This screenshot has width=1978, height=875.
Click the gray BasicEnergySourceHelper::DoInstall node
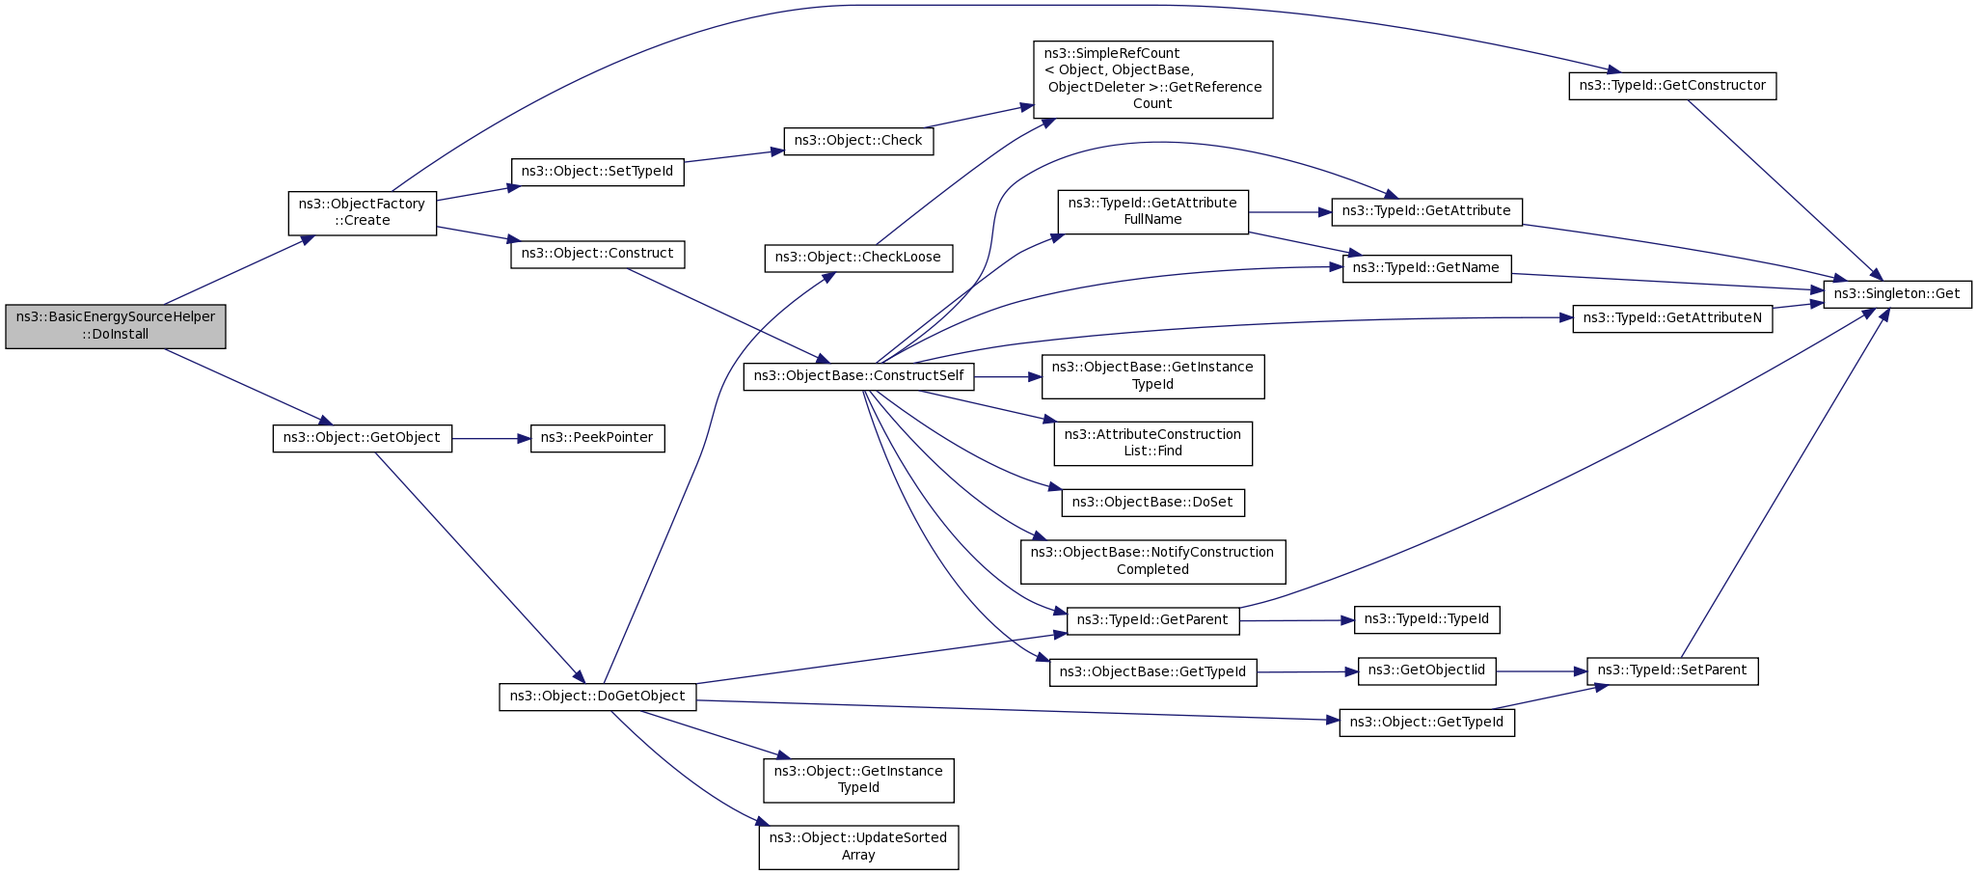click(x=116, y=326)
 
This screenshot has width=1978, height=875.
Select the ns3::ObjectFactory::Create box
click(x=362, y=212)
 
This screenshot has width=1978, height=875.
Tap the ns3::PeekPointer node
click(x=597, y=438)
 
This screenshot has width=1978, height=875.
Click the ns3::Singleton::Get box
click(x=1896, y=294)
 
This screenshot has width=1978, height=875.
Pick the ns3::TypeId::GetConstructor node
click(x=1671, y=86)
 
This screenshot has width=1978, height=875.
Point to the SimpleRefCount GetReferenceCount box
click(x=1152, y=79)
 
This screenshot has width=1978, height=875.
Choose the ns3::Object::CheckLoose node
click(x=858, y=258)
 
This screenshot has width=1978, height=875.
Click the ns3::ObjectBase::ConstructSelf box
click(x=858, y=376)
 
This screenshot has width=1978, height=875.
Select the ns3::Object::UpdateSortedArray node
click(x=858, y=846)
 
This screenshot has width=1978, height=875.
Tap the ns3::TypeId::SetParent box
click(x=1671, y=670)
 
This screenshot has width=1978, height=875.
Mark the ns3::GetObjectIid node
click(x=1426, y=670)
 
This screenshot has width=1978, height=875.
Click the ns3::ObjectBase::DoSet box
click(x=1152, y=503)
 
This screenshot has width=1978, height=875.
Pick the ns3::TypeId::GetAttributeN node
click(x=1671, y=318)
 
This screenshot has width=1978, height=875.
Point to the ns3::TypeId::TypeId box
click(x=1426, y=619)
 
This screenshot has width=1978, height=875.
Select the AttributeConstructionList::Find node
click(x=1152, y=443)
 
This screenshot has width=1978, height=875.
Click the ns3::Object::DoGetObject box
click(x=597, y=697)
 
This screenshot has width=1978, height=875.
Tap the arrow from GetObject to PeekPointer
click(x=491, y=439)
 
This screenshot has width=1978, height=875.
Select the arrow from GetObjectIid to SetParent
click(x=1541, y=671)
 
